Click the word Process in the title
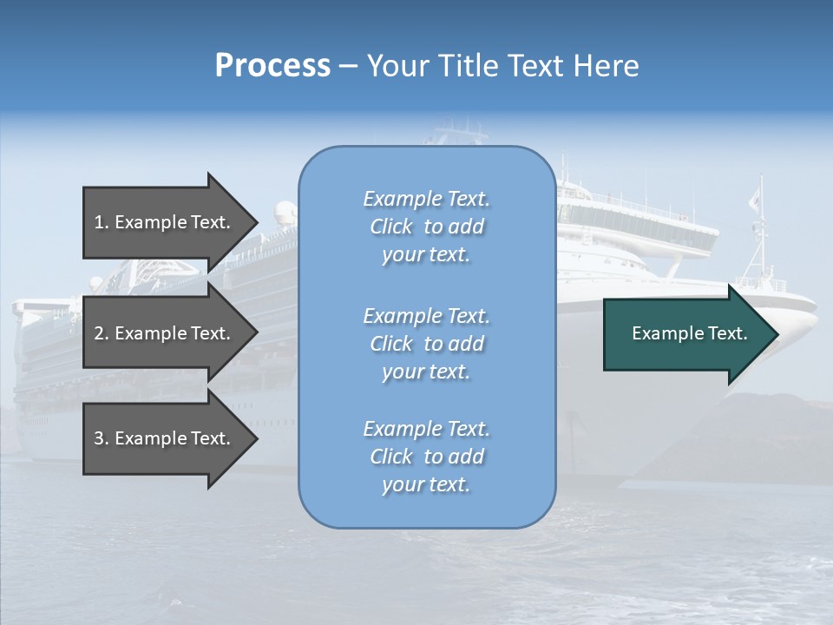coord(272,66)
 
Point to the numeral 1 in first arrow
coord(99,222)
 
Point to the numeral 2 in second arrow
coord(99,333)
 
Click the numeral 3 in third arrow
coord(99,438)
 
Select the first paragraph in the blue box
coord(426,227)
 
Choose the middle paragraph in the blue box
coord(426,344)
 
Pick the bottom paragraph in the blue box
coord(426,457)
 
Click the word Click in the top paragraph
coord(391,227)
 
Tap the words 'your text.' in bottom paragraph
coord(426,484)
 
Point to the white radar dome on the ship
coord(285,211)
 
